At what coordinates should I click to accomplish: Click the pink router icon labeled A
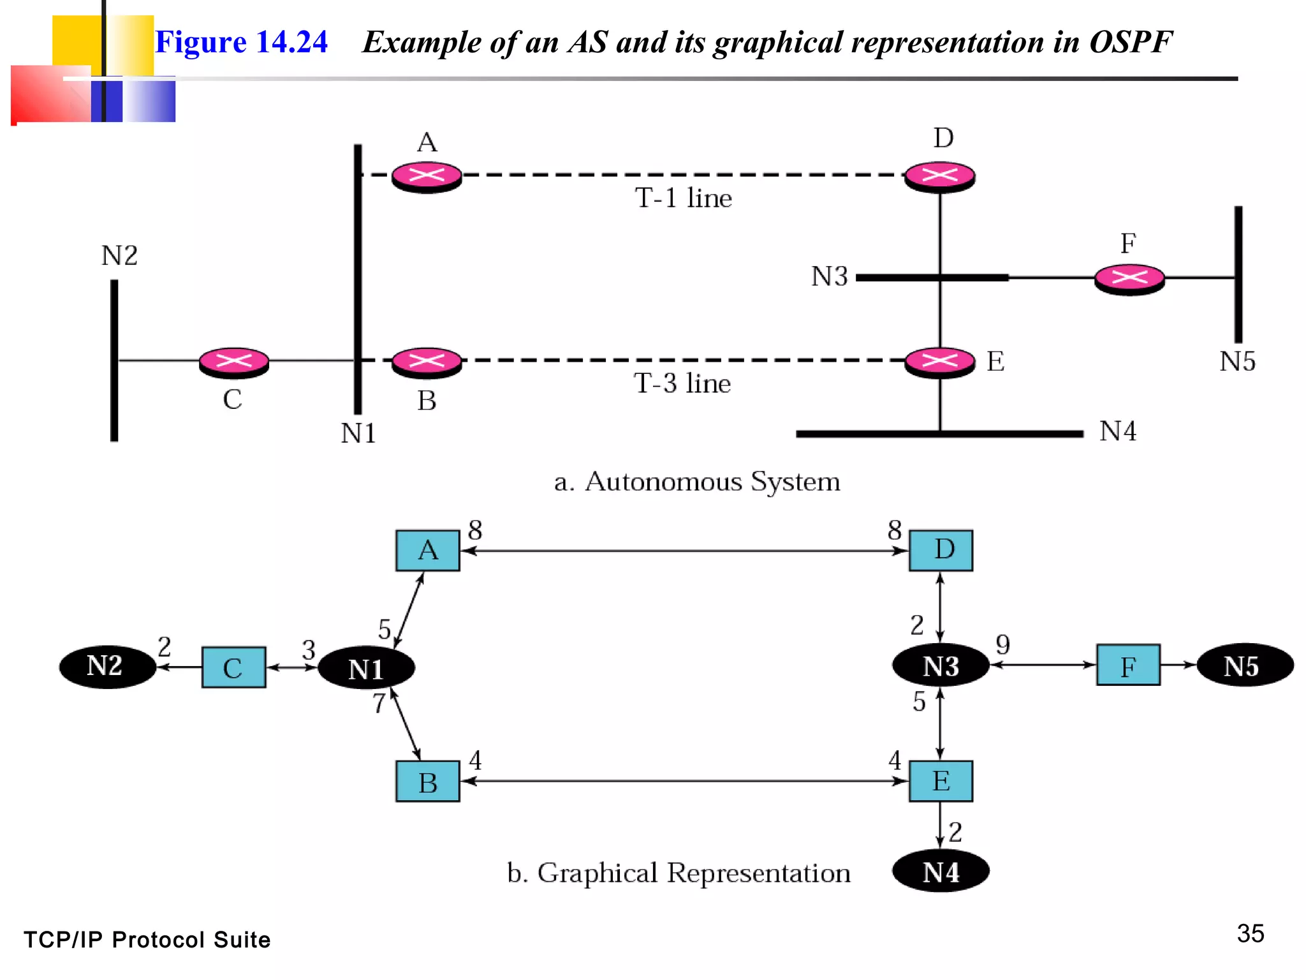tap(427, 176)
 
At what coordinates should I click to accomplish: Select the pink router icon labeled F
tap(1129, 279)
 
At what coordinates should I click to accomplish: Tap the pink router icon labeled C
tap(234, 362)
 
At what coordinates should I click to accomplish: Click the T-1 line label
tap(683, 198)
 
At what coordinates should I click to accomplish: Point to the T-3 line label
tap(682, 383)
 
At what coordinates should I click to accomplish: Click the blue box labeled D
tap(941, 550)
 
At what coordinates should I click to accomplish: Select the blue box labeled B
tap(427, 782)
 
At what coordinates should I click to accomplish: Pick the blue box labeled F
tap(1128, 665)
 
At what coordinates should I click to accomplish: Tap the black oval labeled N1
tap(366, 669)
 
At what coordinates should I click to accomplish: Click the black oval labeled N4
tap(941, 872)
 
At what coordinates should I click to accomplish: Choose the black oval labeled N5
tap(1244, 665)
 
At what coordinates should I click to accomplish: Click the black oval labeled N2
tap(107, 667)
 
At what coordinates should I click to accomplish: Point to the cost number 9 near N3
tap(1002, 644)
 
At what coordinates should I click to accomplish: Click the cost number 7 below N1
tap(379, 703)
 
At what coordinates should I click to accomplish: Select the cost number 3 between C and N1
tap(309, 650)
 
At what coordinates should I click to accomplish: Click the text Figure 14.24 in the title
tap(241, 42)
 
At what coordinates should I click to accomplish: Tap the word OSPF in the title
tap(1130, 42)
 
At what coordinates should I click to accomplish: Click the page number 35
tap(1250, 934)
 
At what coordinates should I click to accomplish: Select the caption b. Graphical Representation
tap(679, 873)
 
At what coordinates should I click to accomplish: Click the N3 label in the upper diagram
tap(829, 277)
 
